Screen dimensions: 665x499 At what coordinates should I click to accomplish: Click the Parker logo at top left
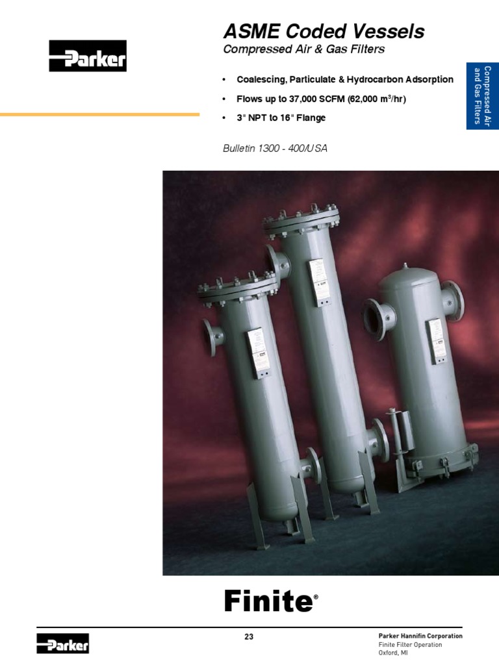click(88, 56)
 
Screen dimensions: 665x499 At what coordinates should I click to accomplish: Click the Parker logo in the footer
click(62, 644)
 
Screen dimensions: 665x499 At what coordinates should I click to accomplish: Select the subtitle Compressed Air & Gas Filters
click(303, 49)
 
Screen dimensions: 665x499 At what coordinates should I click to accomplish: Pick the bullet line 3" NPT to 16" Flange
click(281, 118)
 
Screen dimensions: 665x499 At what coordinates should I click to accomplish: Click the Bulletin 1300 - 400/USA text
click(275, 149)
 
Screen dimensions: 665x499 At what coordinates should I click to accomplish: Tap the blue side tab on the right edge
click(482, 97)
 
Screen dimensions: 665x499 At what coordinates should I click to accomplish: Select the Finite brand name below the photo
click(268, 601)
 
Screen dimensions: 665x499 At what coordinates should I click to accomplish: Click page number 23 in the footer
click(249, 637)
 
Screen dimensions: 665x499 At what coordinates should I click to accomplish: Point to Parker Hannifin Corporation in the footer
click(420, 636)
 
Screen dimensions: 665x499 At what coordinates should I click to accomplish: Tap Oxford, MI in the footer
click(393, 653)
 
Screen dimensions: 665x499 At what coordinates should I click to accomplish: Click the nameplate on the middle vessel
click(318, 281)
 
